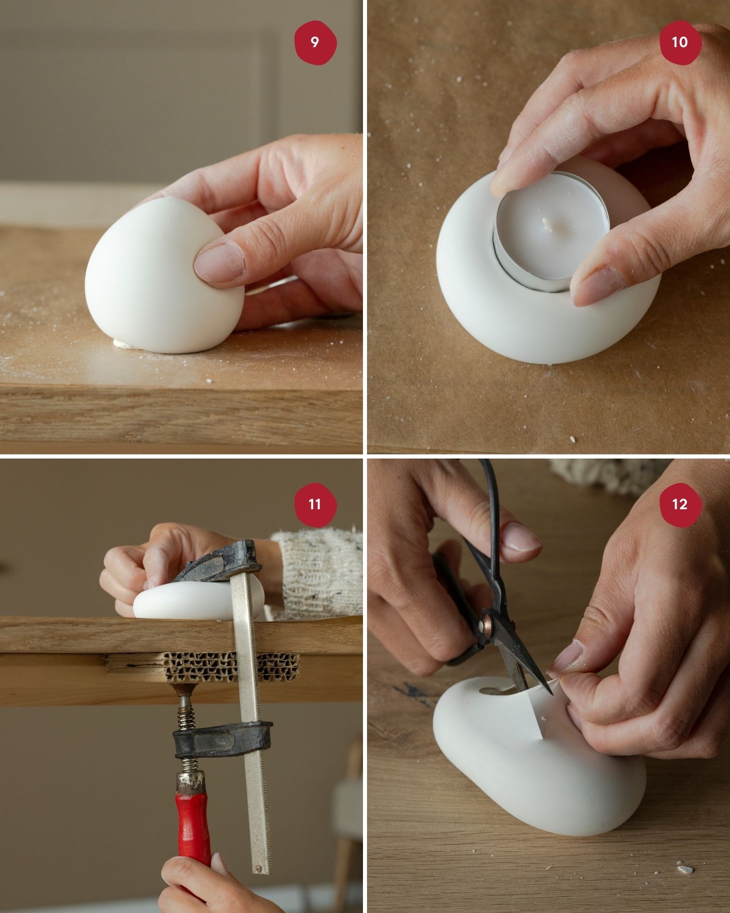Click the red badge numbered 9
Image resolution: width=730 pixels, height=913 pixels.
[315, 42]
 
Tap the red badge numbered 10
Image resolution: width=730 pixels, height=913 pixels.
[680, 42]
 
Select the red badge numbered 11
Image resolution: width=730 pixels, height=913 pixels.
[315, 504]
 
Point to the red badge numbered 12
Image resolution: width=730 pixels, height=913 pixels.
[680, 504]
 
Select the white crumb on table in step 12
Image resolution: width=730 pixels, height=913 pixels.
[685, 869]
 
